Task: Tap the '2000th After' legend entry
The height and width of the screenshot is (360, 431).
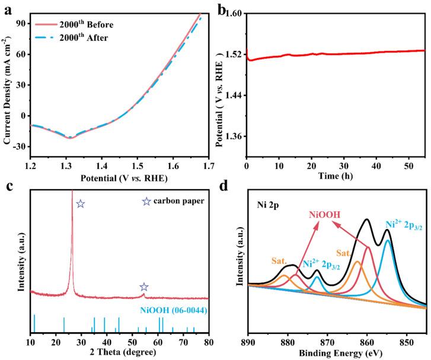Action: click(x=86, y=37)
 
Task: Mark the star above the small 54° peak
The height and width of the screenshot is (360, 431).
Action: click(x=143, y=287)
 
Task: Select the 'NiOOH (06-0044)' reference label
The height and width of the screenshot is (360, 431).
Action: click(x=174, y=310)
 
